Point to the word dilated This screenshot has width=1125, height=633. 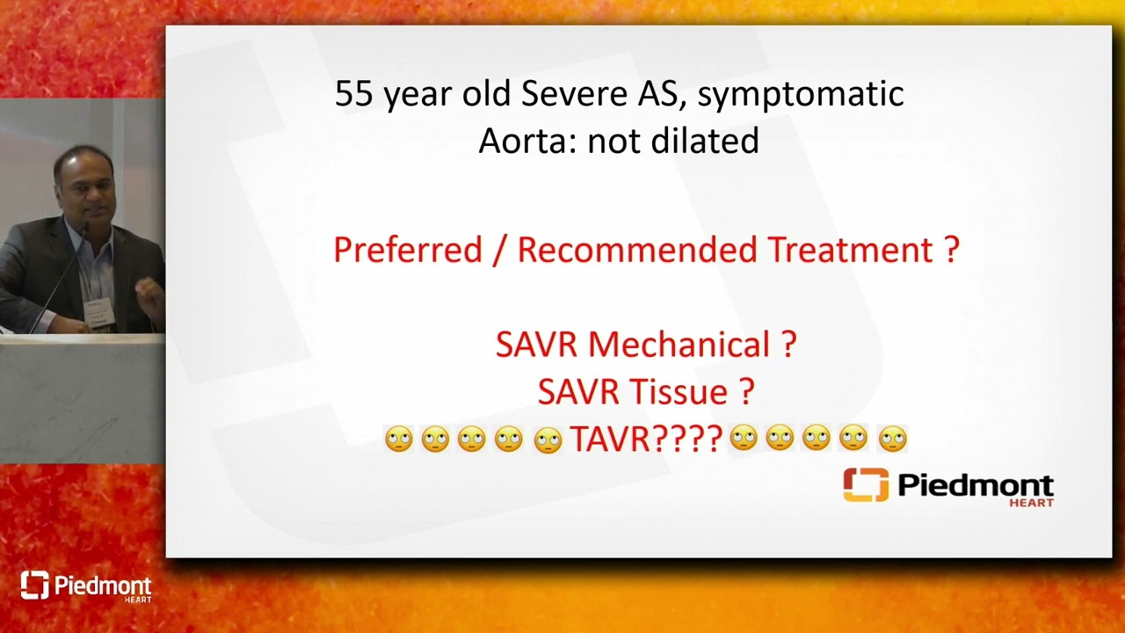705,140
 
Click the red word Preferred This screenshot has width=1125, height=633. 408,250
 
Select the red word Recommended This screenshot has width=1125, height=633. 637,250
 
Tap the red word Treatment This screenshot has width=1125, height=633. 851,250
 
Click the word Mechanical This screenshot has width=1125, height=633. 679,345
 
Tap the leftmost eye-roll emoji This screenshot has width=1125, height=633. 399,439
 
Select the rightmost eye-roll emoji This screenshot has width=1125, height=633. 893,440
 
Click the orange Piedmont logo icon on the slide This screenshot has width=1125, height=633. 866,484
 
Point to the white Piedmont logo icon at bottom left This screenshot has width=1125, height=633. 34,585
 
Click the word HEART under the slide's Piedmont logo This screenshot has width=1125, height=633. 1031,503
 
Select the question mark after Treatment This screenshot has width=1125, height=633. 952,250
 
